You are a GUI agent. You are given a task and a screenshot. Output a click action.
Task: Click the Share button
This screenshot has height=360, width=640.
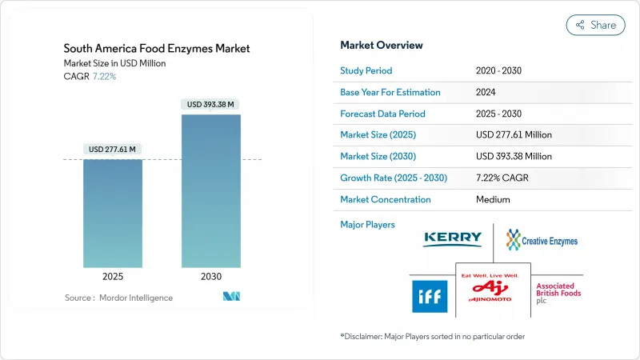[595, 25]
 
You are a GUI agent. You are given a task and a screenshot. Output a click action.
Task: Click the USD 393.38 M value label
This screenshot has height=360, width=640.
[210, 104]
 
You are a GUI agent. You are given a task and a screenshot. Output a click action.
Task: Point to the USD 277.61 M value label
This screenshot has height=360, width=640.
[113, 149]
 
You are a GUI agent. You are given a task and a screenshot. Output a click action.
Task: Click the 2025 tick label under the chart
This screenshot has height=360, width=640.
[113, 276]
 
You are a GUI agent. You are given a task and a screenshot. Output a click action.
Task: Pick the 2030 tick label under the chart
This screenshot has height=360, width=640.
[210, 276]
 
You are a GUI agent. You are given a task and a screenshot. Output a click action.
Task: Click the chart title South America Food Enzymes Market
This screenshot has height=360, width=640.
[157, 49]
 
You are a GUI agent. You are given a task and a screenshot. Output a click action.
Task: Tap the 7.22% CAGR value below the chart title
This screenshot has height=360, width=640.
[104, 76]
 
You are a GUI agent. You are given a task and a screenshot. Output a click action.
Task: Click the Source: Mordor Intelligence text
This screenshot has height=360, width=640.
[118, 298]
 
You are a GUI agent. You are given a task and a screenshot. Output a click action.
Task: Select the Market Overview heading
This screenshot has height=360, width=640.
[382, 45]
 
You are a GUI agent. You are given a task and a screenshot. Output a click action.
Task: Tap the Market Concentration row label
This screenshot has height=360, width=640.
[385, 199]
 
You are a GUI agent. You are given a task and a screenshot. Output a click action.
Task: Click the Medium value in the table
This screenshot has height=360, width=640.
[492, 199]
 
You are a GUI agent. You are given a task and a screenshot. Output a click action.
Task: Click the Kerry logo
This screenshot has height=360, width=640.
[453, 239]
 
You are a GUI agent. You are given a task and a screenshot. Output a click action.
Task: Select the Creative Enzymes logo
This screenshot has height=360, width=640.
[542, 239]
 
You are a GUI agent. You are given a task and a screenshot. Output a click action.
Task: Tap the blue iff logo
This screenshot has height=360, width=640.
[430, 296]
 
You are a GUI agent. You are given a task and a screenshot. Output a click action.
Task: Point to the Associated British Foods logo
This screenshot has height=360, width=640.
[558, 294]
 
